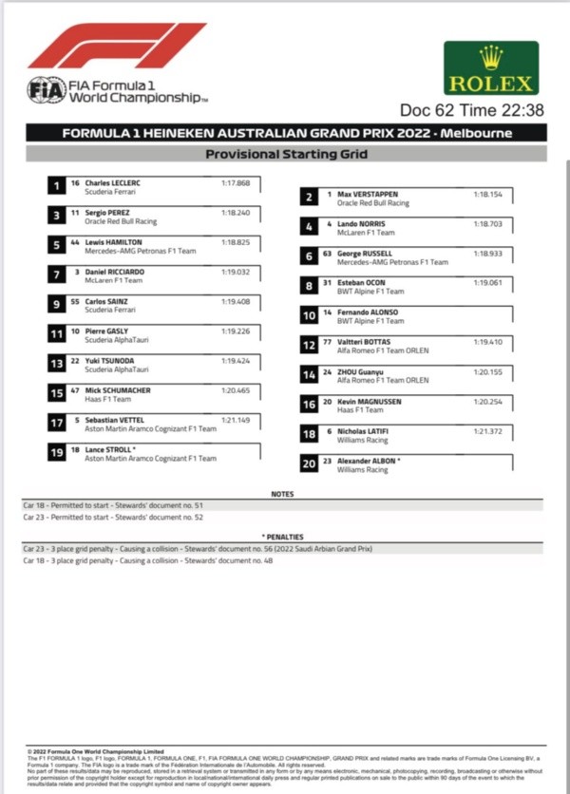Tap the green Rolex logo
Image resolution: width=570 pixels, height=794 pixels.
(490, 68)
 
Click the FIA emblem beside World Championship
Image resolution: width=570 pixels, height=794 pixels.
(46, 90)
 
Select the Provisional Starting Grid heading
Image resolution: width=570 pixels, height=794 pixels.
(284, 153)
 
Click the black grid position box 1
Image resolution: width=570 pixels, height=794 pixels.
(59, 186)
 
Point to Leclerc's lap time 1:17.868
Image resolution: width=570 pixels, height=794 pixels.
(236, 182)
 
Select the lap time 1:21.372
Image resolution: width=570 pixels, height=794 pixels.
(487, 430)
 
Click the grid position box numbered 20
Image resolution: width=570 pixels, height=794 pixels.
(309, 464)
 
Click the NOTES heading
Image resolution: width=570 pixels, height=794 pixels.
(282, 495)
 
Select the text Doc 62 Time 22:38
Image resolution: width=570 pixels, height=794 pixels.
(471, 111)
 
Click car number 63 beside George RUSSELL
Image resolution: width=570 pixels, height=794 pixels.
(327, 253)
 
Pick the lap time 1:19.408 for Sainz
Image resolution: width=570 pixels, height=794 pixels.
(236, 301)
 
